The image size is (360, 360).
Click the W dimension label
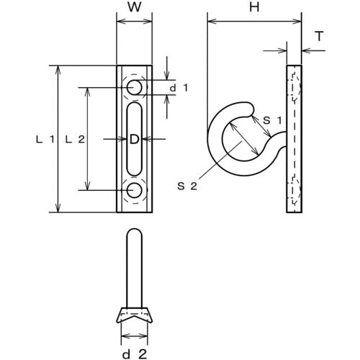[x=133, y=9]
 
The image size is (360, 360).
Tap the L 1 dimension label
[x=43, y=140]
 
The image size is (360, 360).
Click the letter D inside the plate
[x=134, y=140]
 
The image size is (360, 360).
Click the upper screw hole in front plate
[x=134, y=88]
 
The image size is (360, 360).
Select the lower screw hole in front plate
[x=134, y=190]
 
